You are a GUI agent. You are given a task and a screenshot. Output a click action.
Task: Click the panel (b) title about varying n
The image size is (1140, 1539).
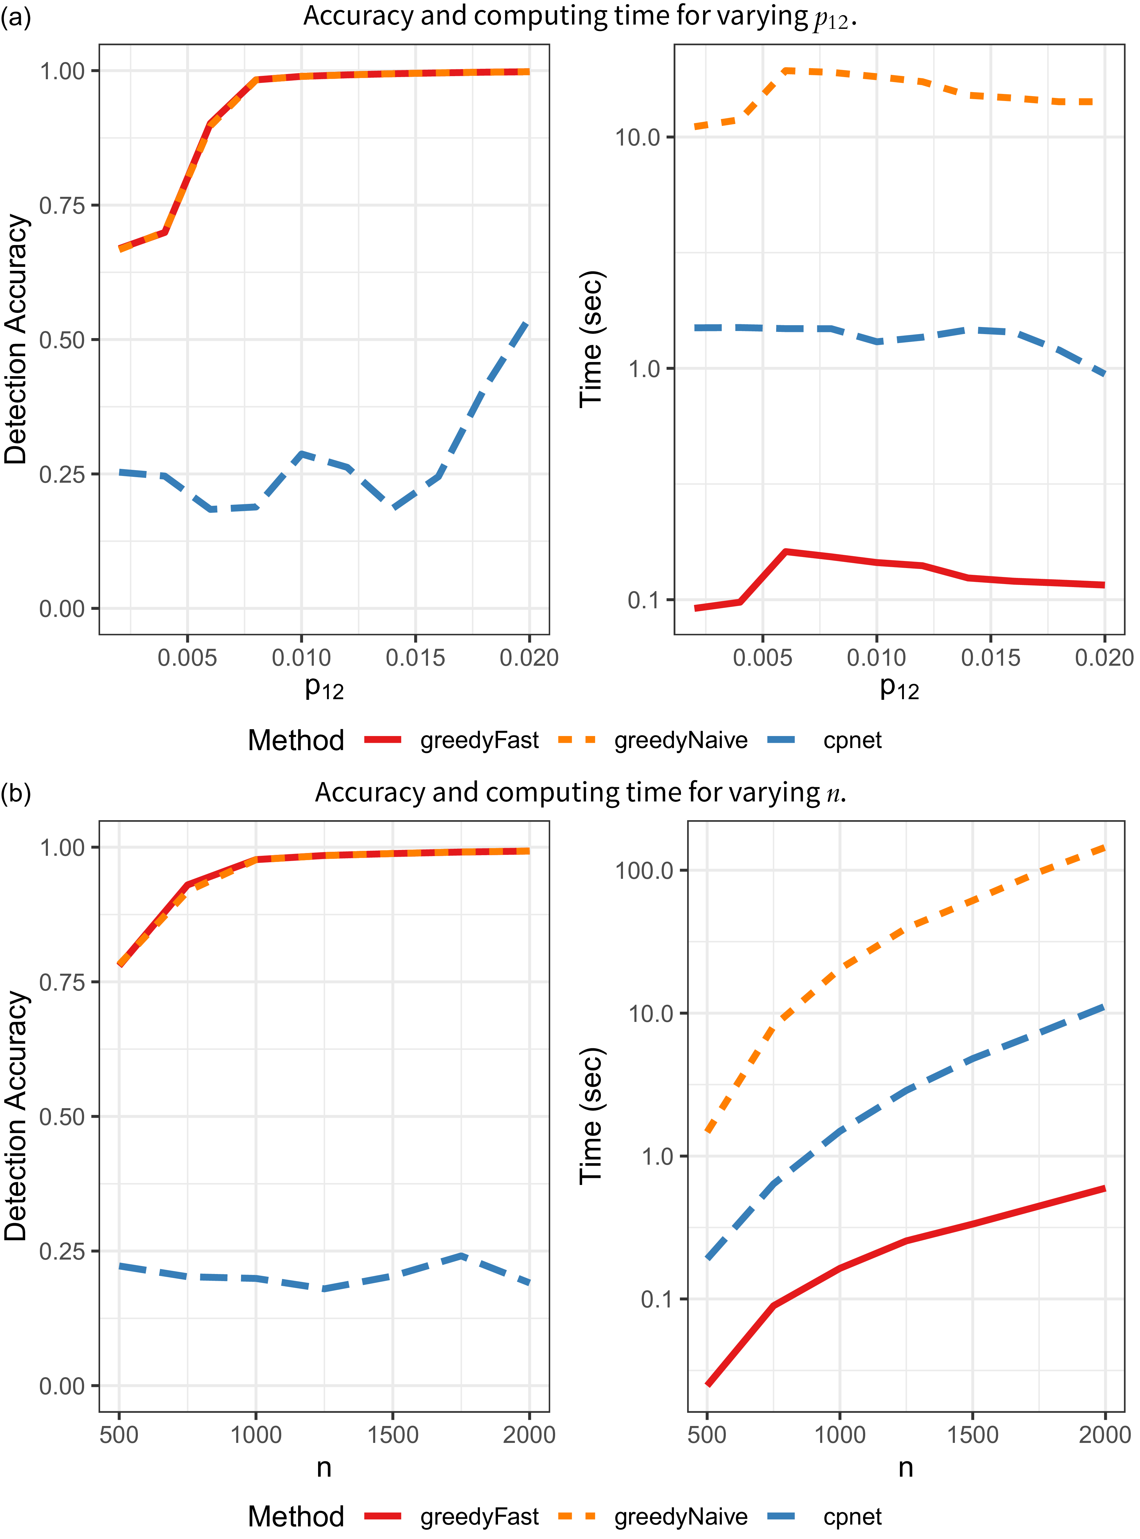(x=580, y=793)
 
